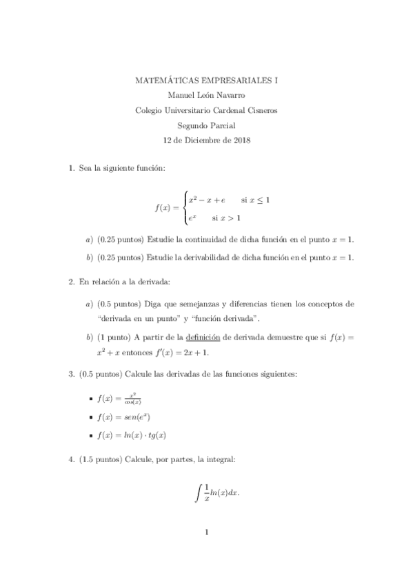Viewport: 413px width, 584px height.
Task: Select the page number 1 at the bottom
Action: coord(206,532)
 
